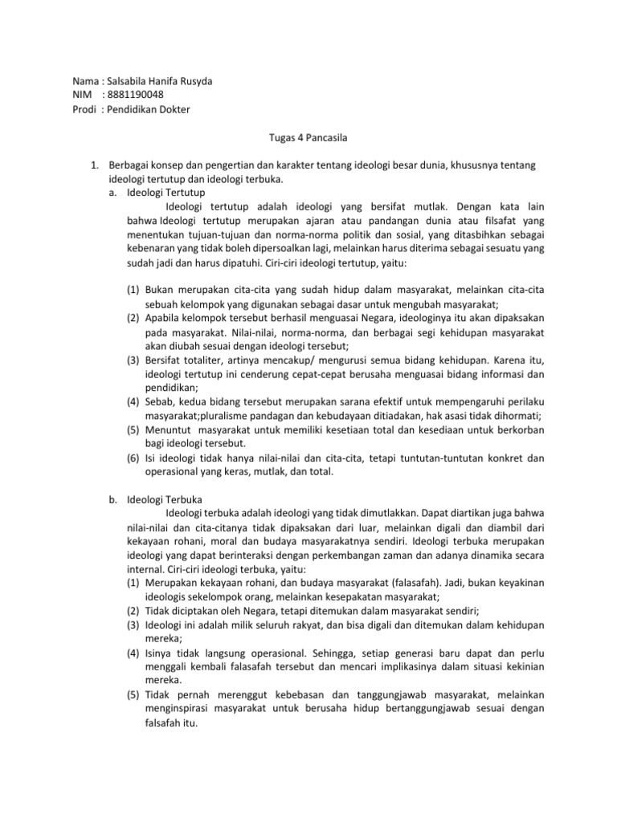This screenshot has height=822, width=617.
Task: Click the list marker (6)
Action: [133, 458]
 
